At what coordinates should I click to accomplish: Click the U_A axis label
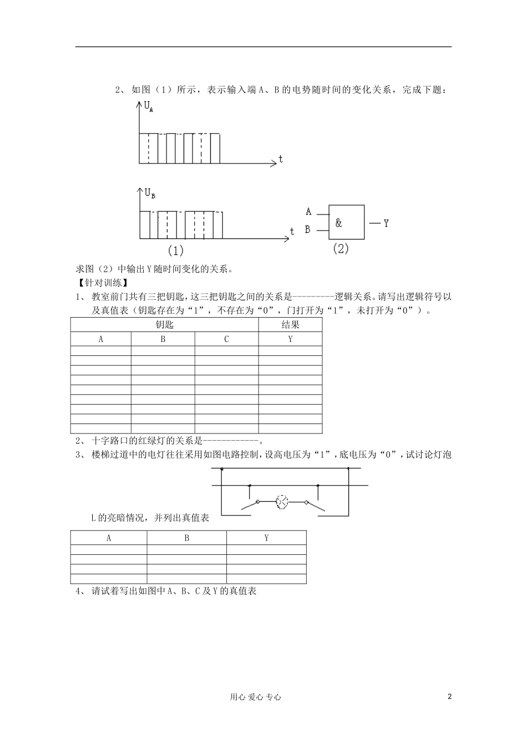(x=149, y=107)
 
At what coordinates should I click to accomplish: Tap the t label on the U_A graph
(x=281, y=159)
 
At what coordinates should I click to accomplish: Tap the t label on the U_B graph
(x=292, y=231)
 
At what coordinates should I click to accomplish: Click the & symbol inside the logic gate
(x=339, y=223)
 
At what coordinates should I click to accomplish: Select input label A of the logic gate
(x=308, y=212)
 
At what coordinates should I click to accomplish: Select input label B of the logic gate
(x=308, y=229)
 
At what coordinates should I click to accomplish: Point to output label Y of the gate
(x=386, y=223)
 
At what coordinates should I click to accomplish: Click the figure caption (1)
(x=175, y=251)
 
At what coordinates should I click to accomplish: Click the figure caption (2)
(x=341, y=249)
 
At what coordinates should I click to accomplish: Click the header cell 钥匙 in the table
(x=164, y=325)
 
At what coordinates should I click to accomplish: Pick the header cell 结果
(x=290, y=325)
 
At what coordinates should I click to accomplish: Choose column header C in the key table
(x=226, y=339)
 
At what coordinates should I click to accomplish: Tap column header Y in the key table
(x=290, y=339)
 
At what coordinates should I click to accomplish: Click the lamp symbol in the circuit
(x=282, y=502)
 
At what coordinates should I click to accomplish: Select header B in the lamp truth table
(x=186, y=538)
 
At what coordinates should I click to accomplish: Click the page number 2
(x=449, y=697)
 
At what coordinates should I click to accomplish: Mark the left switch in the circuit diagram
(x=250, y=504)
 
